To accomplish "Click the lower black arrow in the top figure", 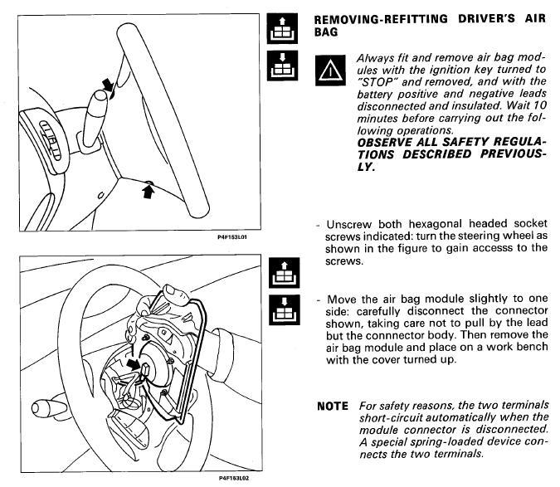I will [x=149, y=192].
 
